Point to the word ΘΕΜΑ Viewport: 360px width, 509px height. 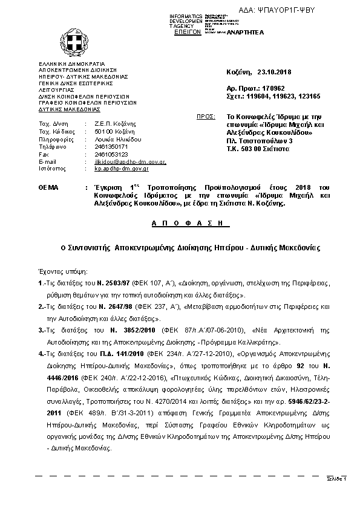coord(48,189)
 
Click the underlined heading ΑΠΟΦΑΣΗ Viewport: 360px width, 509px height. coord(180,223)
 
